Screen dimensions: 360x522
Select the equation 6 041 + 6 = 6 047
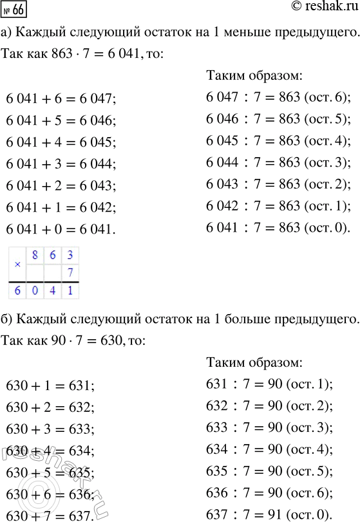click(x=62, y=99)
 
